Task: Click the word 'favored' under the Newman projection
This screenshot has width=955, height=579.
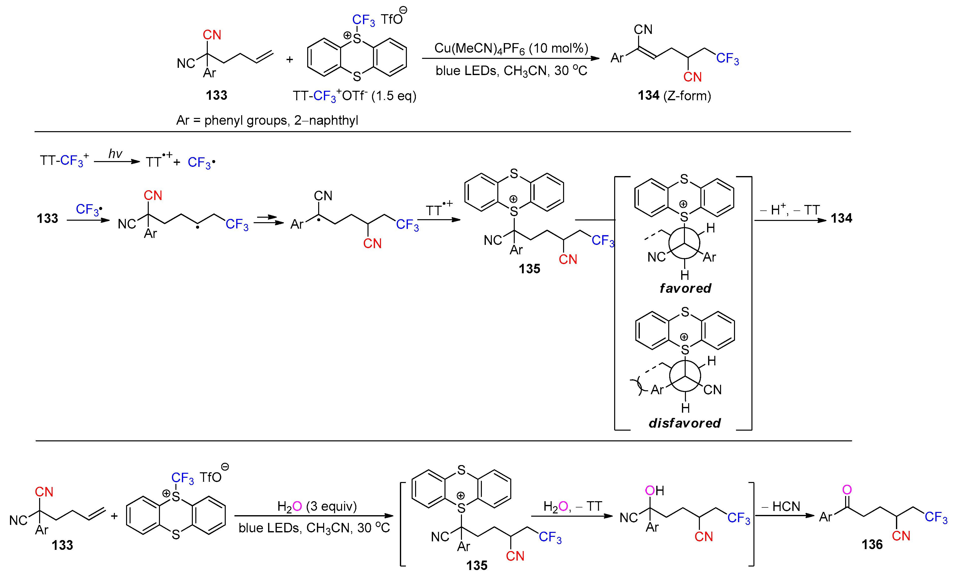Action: pyautogui.click(x=685, y=288)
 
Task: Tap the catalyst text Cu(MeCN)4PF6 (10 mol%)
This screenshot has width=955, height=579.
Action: pyautogui.click(x=511, y=48)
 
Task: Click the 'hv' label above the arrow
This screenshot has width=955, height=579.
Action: pyautogui.click(x=115, y=154)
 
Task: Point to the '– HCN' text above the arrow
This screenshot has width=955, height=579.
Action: pyautogui.click(x=781, y=506)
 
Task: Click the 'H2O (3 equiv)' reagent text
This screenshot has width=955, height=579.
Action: pyautogui.click(x=317, y=506)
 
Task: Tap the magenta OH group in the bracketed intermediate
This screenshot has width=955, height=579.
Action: pyautogui.click(x=654, y=490)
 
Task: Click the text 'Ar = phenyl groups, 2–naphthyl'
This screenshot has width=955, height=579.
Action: pyautogui.click(x=267, y=120)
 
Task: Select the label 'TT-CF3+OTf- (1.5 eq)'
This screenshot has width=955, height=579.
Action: pyautogui.click(x=354, y=96)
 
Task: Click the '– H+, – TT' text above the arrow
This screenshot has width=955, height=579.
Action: pyautogui.click(x=790, y=210)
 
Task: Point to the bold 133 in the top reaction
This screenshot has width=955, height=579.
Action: pyautogui.click(x=216, y=95)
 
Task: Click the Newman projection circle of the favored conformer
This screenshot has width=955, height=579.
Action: pyautogui.click(x=684, y=243)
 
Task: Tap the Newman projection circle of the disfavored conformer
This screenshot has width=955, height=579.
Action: pyautogui.click(x=685, y=376)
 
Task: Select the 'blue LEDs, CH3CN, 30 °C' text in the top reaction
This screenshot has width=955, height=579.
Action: pyautogui.click(x=511, y=71)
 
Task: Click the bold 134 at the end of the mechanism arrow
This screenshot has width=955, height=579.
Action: pyautogui.click(x=841, y=218)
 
